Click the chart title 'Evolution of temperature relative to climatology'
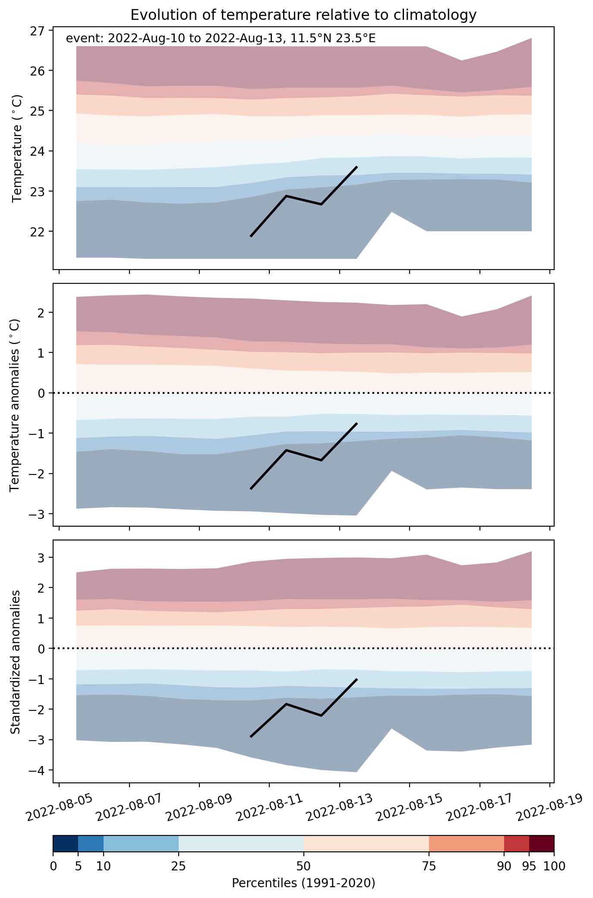[303, 15]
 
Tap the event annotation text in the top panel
[221, 38]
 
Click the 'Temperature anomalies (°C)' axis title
[16, 405]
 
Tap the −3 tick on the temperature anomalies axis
[38, 514]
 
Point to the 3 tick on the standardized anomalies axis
[41, 558]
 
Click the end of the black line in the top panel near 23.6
[357, 166]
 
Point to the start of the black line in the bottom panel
[251, 737]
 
